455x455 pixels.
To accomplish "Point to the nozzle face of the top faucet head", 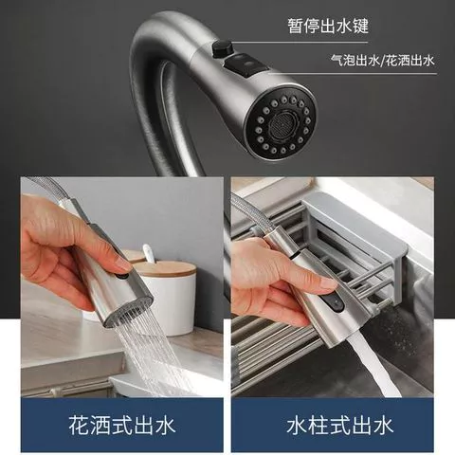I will [281, 127].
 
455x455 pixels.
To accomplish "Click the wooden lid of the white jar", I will [167, 267].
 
